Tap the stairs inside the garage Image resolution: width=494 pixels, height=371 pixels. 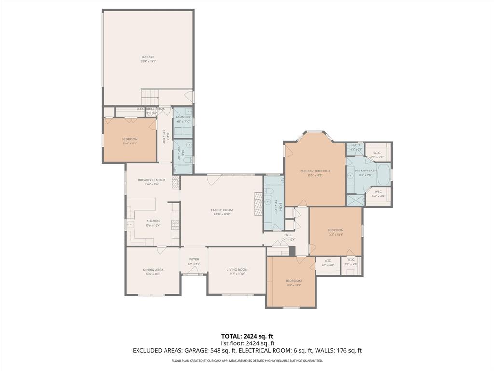point(151,96)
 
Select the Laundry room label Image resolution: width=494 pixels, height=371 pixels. point(183,117)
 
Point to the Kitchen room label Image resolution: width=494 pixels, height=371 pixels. point(153,221)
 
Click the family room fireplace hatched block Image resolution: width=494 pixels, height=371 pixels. point(257,200)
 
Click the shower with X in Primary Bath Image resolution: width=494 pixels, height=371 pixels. point(355,200)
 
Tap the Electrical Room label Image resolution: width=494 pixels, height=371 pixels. point(151,109)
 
